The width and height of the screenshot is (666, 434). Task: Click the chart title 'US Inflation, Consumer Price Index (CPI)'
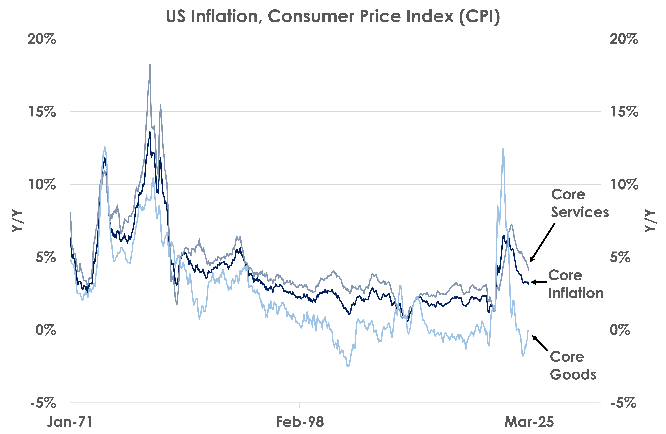point(333,17)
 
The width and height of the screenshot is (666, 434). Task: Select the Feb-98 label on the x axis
point(300,422)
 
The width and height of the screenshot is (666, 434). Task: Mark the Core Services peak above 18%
point(150,65)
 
